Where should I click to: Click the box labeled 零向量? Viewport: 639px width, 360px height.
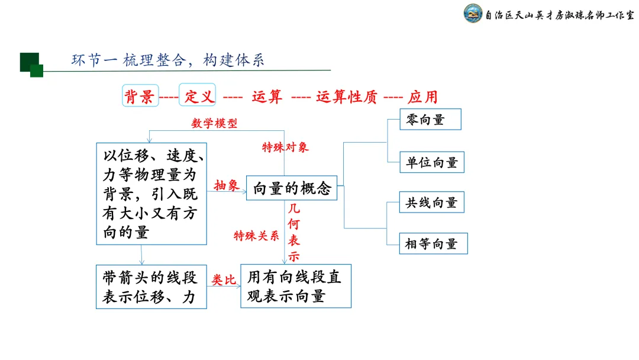tap(430, 120)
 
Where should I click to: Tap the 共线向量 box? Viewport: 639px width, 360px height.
tap(431, 202)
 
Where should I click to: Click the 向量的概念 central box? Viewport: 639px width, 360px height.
tap(291, 188)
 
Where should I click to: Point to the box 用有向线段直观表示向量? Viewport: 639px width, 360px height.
tap(295, 286)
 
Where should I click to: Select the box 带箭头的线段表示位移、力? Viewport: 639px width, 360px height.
tap(151, 287)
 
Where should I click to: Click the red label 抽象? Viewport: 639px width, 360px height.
tap(226, 185)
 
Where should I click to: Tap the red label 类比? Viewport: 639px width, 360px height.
tap(224, 280)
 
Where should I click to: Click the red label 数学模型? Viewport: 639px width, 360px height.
tap(214, 123)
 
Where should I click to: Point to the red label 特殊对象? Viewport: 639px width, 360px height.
tap(285, 147)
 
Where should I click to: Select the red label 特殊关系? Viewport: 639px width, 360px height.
tap(256, 236)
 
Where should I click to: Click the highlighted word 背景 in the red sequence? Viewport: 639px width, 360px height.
tap(140, 96)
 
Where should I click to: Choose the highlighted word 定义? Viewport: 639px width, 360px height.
tap(198, 96)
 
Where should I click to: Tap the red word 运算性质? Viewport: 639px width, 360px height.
tap(347, 97)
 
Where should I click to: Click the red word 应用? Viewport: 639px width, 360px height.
tap(422, 97)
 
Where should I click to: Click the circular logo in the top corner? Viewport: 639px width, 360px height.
tap(473, 14)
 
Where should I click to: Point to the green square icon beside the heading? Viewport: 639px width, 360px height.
tap(31, 65)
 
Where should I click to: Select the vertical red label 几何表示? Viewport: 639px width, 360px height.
tap(294, 233)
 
